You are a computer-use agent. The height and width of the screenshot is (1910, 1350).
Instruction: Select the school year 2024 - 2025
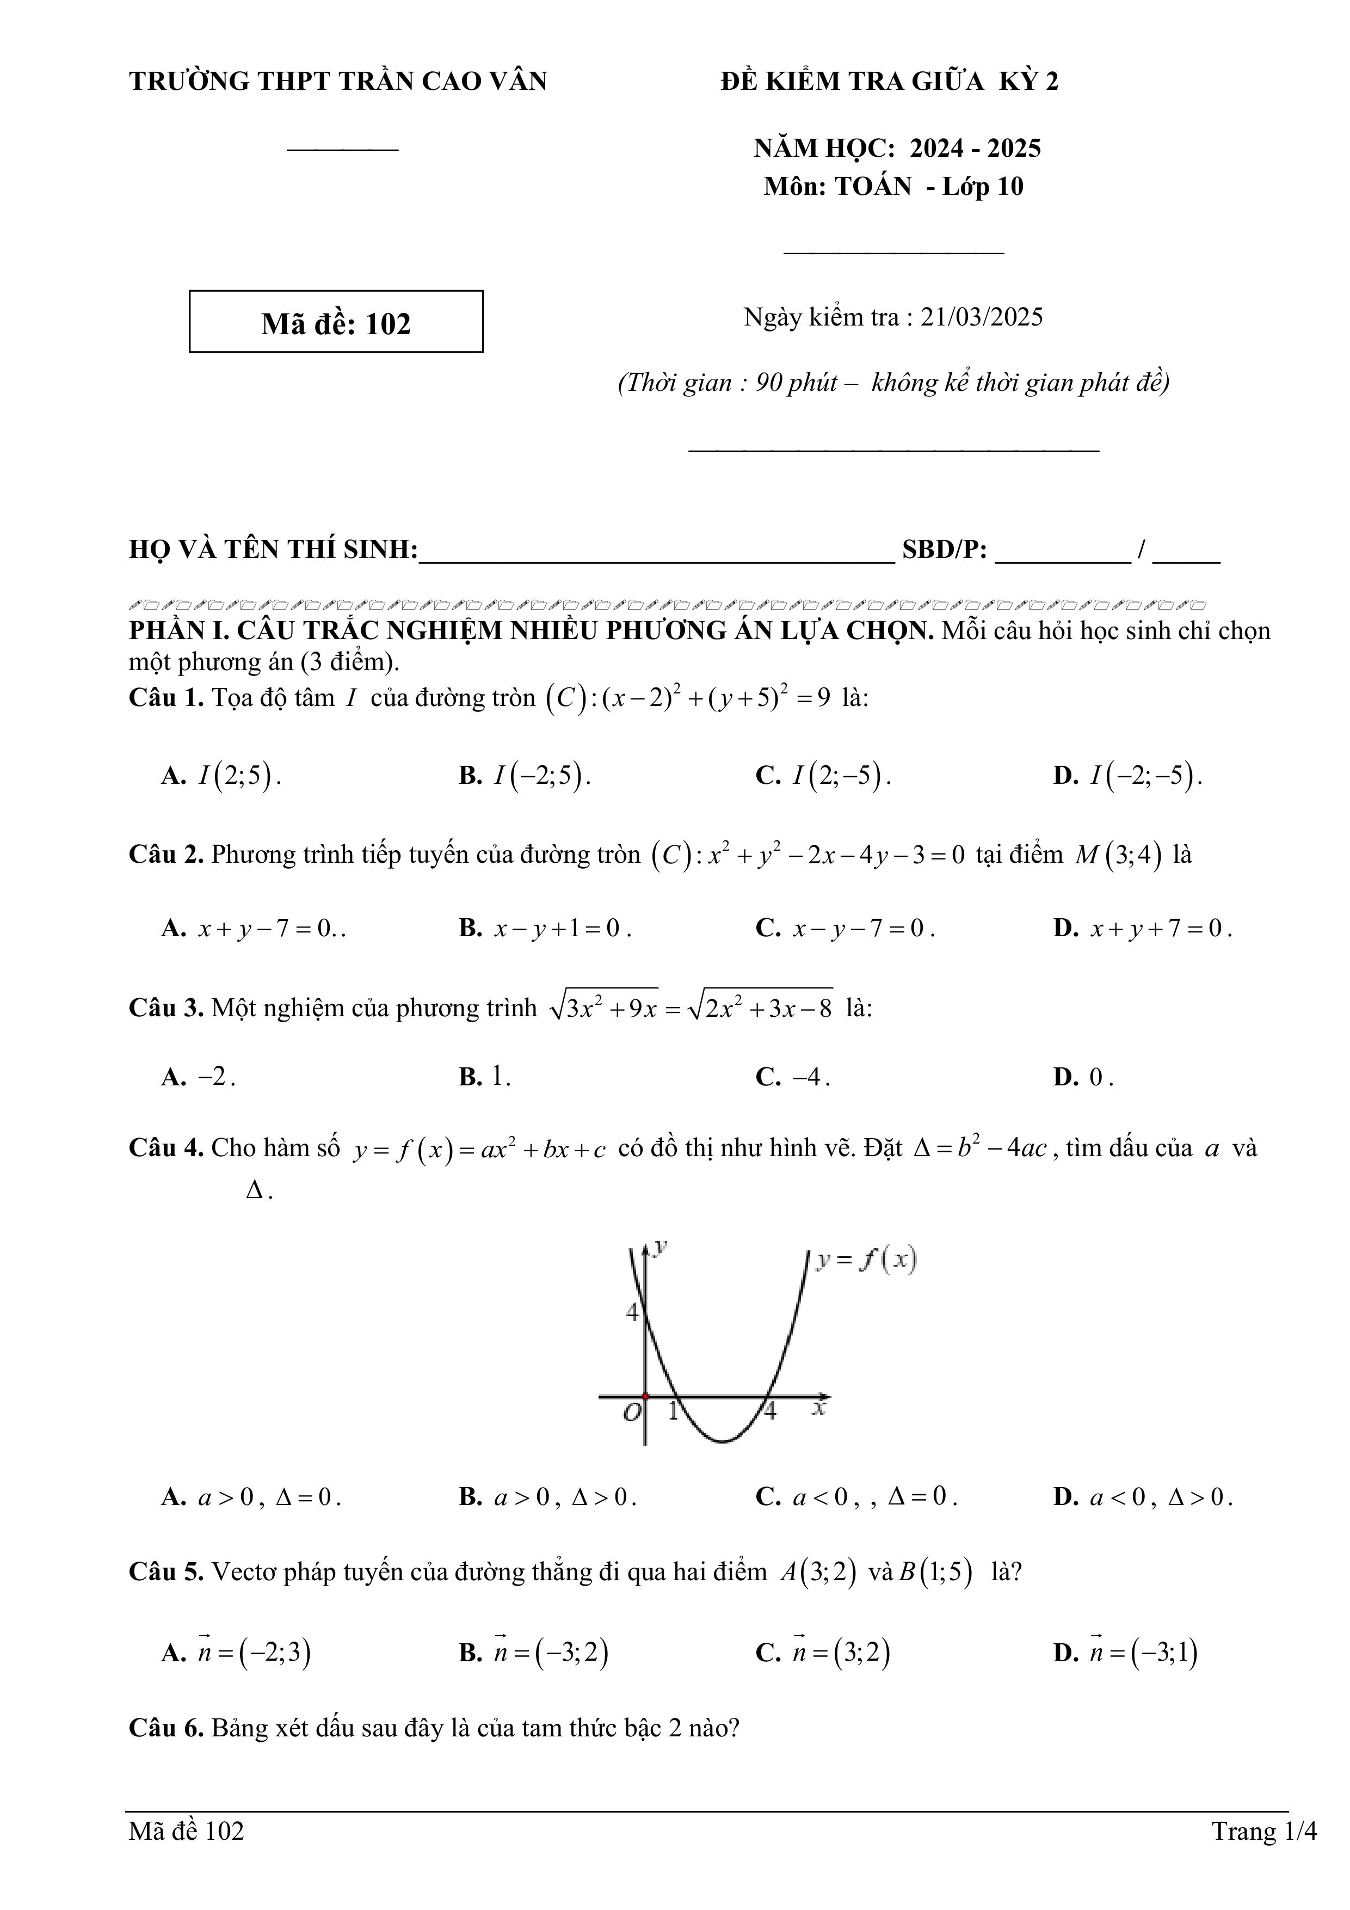click(x=975, y=148)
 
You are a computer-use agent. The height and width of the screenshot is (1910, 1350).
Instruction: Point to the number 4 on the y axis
click(x=632, y=1313)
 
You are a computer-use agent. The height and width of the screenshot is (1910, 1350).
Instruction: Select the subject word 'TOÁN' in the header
click(x=873, y=186)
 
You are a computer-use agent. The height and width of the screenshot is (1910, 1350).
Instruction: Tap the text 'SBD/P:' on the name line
click(x=944, y=550)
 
